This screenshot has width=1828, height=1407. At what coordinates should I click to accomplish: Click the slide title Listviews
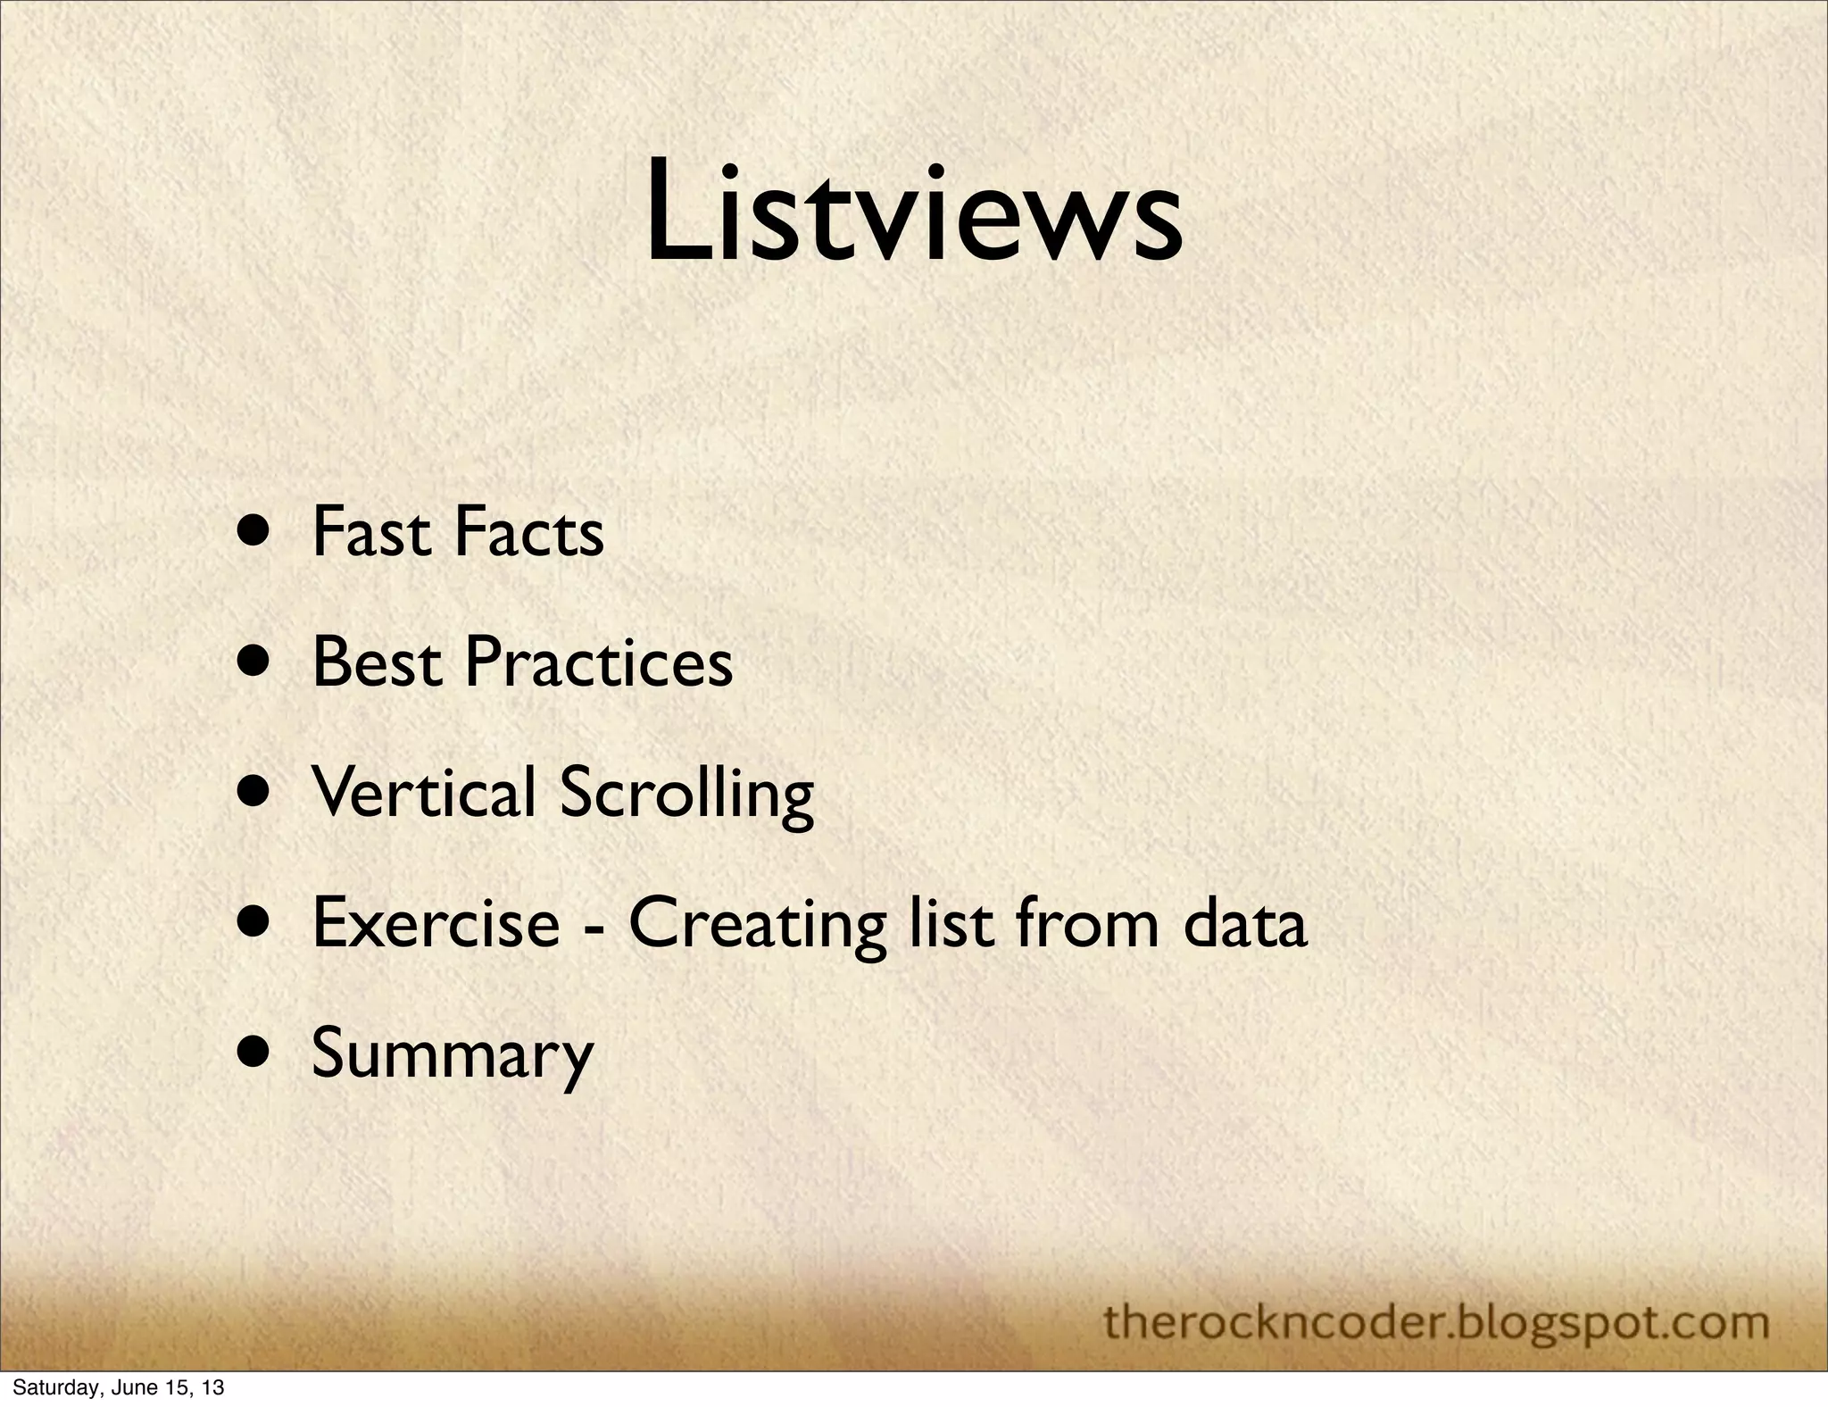point(913,217)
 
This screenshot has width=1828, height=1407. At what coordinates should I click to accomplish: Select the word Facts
point(529,532)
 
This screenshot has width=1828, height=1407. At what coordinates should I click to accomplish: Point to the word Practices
point(598,662)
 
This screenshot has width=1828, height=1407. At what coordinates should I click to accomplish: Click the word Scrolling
point(686,794)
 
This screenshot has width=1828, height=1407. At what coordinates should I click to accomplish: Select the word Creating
point(757,924)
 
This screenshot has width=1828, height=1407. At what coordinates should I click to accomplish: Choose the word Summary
point(452,1054)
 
